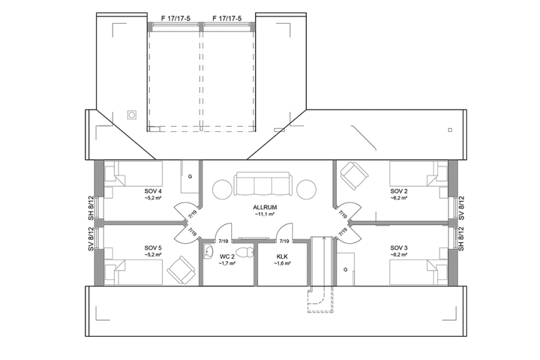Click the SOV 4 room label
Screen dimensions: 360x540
pyautogui.click(x=153, y=191)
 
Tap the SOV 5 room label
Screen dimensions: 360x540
pyautogui.click(x=153, y=248)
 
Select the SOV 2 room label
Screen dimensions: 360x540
pyautogui.click(x=399, y=191)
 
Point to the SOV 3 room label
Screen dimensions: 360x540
pyautogui.click(x=399, y=248)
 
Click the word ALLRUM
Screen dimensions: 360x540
pyautogui.click(x=265, y=207)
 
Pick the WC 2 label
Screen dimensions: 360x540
pyautogui.click(x=227, y=256)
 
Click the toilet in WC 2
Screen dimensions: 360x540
pyautogui.click(x=248, y=252)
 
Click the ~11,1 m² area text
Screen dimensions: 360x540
pyautogui.click(x=265, y=214)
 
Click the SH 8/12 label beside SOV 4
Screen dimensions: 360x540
pyautogui.click(x=91, y=207)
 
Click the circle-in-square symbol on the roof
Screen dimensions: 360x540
pyautogui.click(x=132, y=114)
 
